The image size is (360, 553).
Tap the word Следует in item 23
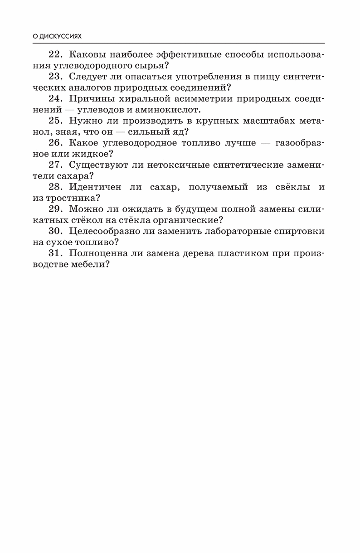pos(88,77)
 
